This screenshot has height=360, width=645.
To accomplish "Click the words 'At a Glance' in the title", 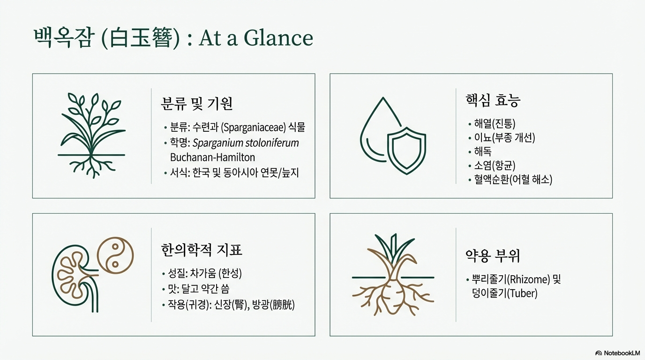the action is (x=255, y=38).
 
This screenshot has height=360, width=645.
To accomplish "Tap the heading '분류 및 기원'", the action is (x=197, y=104).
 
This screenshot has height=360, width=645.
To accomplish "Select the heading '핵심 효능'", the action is (x=493, y=100).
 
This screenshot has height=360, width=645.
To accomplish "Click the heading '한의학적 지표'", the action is (x=202, y=250).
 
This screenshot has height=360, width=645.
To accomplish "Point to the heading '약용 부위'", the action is (x=493, y=255).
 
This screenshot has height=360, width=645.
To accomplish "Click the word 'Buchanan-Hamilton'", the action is (x=212, y=157).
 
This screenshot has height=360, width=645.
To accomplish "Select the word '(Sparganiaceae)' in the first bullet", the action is (x=254, y=127).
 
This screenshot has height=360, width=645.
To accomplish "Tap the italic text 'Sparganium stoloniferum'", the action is (x=246, y=143).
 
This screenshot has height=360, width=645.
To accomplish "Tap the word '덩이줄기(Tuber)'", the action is (x=504, y=293).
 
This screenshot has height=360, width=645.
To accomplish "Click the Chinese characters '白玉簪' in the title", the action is (x=141, y=38).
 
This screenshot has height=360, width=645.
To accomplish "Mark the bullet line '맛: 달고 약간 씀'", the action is (x=196, y=289).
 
